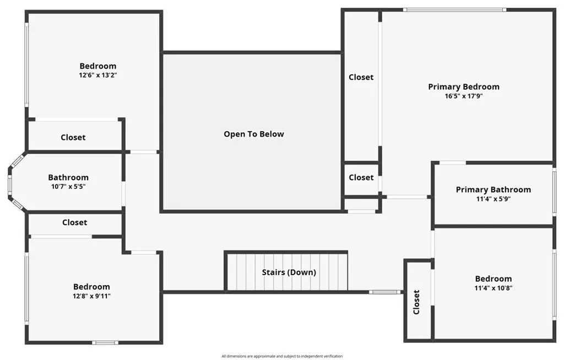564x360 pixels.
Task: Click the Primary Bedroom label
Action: coord(464,86)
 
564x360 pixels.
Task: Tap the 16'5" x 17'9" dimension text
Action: coord(464,96)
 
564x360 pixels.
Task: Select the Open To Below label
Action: coord(254,134)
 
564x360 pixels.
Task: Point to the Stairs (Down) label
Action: coord(289,272)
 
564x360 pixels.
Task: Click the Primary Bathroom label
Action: coord(493,189)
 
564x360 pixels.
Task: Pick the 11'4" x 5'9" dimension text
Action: coord(493,199)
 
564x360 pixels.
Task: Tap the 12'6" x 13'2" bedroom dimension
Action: coord(98,75)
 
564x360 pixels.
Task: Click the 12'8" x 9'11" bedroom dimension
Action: coord(91,296)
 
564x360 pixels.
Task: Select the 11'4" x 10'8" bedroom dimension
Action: coord(493,288)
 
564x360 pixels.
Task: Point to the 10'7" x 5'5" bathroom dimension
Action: coord(68,187)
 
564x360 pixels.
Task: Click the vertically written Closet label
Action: coord(416,302)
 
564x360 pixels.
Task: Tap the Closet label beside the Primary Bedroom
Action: coord(361,77)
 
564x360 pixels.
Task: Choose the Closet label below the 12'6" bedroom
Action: coord(73,138)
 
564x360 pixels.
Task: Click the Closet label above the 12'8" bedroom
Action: coord(74,222)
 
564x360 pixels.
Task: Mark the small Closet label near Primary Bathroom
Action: coord(361,178)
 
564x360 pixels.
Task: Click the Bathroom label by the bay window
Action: coord(68,177)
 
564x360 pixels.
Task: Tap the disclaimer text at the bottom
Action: coord(282,356)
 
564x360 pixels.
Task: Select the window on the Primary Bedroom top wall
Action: coord(454,10)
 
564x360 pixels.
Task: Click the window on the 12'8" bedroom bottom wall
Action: coord(105,343)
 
